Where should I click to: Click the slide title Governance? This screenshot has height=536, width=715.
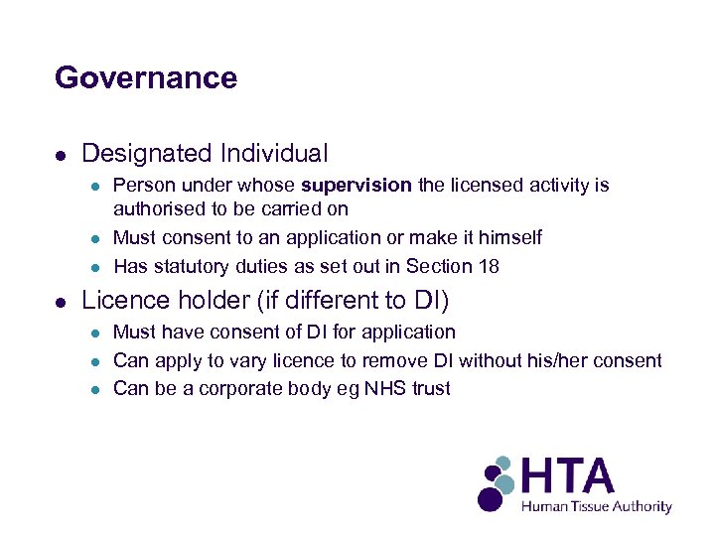(x=146, y=77)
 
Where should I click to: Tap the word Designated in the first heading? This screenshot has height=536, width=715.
(x=146, y=154)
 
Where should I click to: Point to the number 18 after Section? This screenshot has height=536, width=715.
(x=490, y=266)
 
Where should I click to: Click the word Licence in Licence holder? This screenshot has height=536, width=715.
(x=118, y=299)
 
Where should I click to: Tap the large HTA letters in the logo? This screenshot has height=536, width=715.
(x=569, y=476)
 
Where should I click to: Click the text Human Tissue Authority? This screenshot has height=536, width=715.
(x=597, y=506)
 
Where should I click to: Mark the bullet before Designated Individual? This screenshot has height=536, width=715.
(x=62, y=156)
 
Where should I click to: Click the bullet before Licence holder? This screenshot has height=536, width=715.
(x=62, y=301)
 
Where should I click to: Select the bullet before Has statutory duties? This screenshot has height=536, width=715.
(x=95, y=267)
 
